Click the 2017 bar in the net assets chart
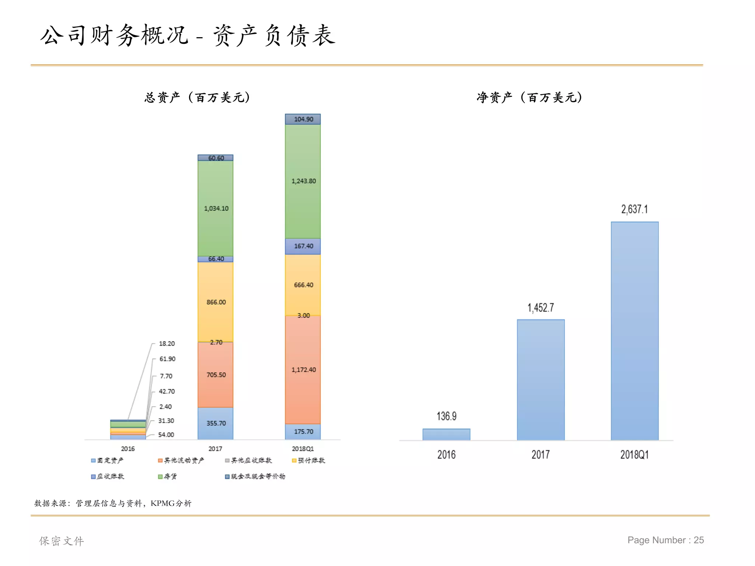coord(540,380)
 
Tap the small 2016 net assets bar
coord(446,434)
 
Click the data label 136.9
coord(446,416)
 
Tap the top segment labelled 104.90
coord(303,119)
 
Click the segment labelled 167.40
coord(303,246)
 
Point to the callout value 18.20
coord(167,343)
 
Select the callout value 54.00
coord(166,435)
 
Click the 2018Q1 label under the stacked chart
coord(303,449)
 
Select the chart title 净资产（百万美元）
coord(529,97)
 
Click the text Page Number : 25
coord(665,540)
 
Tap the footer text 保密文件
coord(62,541)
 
